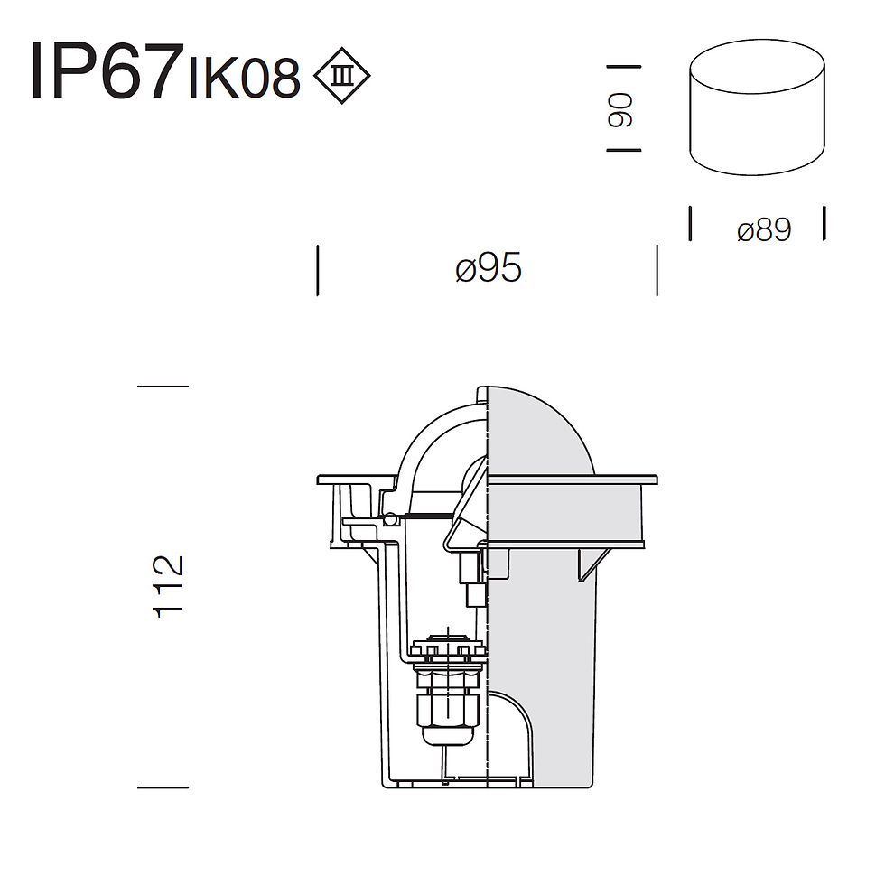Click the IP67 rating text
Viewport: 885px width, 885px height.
[x=107, y=70]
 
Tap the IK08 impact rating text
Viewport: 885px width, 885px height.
[x=244, y=79]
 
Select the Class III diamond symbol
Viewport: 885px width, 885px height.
[x=341, y=76]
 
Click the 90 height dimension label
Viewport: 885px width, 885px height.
[x=619, y=109]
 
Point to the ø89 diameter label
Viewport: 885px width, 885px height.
[x=764, y=230]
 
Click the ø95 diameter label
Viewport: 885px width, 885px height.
[x=489, y=268]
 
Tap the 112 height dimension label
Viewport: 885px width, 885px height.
[x=168, y=586]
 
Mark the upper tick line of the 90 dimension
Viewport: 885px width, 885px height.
[x=624, y=67]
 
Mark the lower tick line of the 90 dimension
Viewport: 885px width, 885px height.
[x=624, y=150]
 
